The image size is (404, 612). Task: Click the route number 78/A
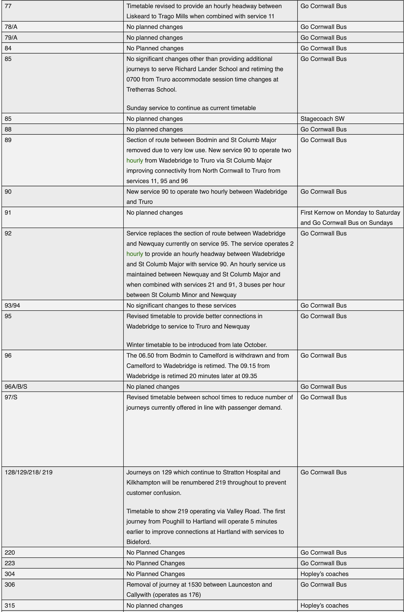11,27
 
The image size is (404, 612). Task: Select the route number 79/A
11,38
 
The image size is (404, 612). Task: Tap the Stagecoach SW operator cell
322,119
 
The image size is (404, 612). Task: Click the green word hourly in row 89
134,160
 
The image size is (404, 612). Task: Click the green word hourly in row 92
134,254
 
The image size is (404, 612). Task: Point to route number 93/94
12,305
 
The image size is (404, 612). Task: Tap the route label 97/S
11,397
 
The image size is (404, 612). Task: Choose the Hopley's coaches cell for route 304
324,574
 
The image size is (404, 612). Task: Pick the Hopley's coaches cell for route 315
324,605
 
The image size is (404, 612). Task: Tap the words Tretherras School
151,90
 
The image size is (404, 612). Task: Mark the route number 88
8,129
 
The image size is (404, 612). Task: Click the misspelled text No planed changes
153,386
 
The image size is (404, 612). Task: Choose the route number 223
10,563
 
